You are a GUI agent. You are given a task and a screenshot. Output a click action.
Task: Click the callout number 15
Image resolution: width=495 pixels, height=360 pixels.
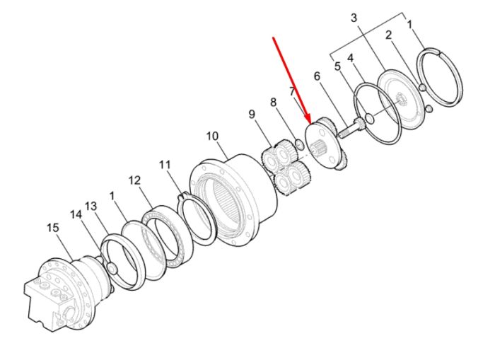click(53, 228)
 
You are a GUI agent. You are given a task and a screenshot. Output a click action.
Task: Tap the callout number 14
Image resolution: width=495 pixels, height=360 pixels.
click(76, 215)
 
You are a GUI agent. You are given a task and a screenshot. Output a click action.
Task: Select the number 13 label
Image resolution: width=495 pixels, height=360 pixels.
click(91, 207)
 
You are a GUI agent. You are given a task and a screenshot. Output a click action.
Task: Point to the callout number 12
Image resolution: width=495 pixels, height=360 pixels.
click(134, 180)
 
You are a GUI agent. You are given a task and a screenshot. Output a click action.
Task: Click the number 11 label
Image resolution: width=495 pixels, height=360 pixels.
click(165, 165)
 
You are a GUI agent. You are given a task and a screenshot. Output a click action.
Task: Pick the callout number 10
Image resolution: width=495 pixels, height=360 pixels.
click(212, 136)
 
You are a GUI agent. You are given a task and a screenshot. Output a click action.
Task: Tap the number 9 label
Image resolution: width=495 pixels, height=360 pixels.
click(252, 114)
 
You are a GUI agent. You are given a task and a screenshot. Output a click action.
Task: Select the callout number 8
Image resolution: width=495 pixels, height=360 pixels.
click(273, 103)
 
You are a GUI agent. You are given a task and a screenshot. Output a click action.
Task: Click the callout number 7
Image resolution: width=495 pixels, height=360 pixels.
click(293, 92)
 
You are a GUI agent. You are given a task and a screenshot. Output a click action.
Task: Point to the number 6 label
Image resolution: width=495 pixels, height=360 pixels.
click(317, 76)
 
